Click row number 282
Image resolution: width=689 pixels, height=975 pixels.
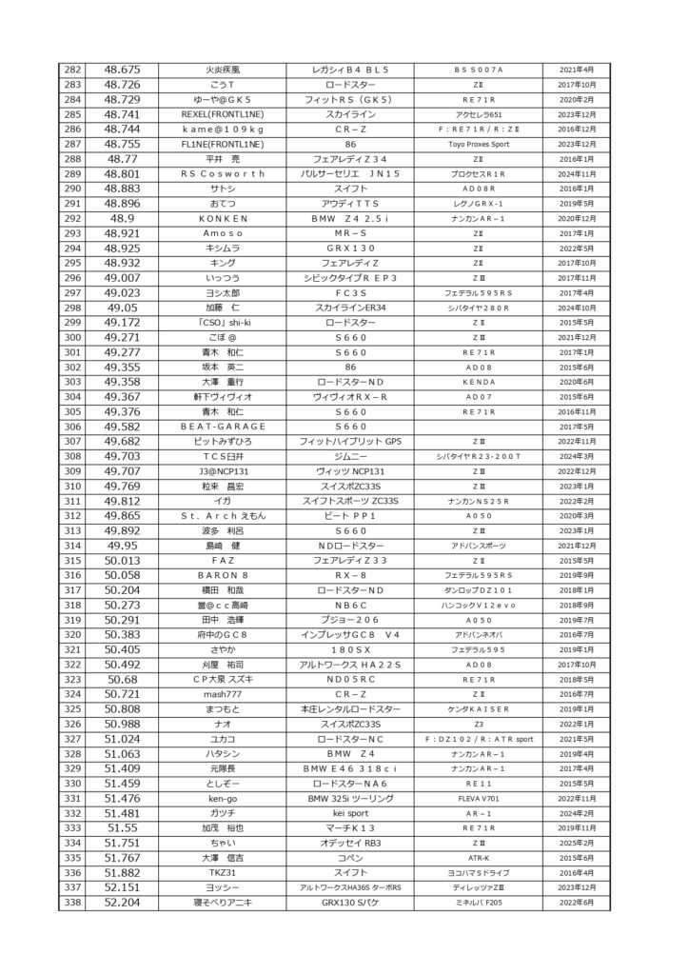(x=72, y=70)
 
